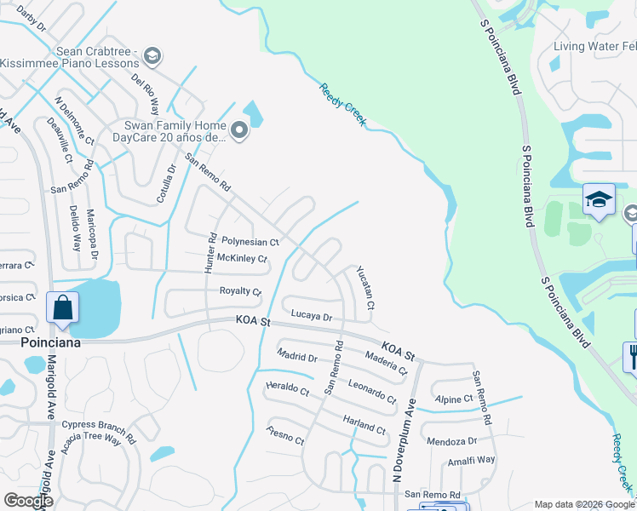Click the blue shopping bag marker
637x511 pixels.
pyautogui.click(x=63, y=307)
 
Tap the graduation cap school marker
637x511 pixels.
pyautogui.click(x=599, y=200)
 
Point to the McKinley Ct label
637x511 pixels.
pyautogui.click(x=242, y=258)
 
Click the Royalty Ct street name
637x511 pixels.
pyautogui.click(x=240, y=291)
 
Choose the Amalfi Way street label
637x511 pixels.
pyautogui.click(x=473, y=460)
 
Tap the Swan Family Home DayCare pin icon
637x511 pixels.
pyautogui.click(x=239, y=130)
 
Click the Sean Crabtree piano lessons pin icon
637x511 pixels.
pyautogui.click(x=152, y=56)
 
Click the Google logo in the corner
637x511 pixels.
pyautogui.click(x=28, y=500)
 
